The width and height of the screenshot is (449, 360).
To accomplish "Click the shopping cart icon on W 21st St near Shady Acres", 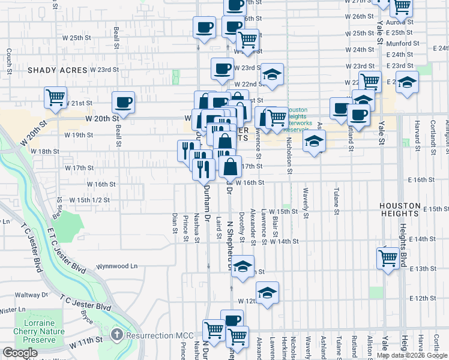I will (55, 97).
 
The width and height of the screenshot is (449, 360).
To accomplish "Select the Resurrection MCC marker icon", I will (117, 333).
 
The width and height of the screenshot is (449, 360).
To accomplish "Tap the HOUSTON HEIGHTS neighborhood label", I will (408, 209).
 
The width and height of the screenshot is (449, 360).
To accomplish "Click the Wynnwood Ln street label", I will (118, 266).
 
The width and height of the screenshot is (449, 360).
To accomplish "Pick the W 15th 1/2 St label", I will (89, 200).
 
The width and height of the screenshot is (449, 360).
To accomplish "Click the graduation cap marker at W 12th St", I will (267, 293).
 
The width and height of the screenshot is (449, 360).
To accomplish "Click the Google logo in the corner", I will (20, 353).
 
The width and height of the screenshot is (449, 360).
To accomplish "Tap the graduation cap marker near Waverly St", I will (314, 142).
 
